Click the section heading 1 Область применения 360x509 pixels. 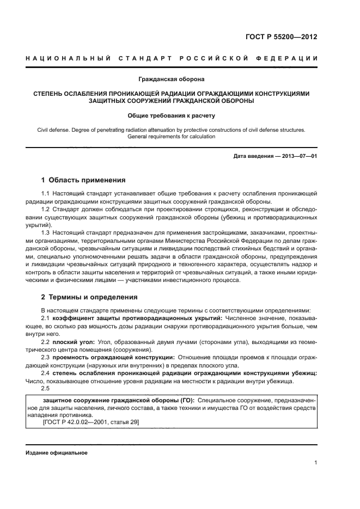pos(83,180)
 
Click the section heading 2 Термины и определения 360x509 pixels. pos(89,297)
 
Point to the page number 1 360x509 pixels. pos(315,463)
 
